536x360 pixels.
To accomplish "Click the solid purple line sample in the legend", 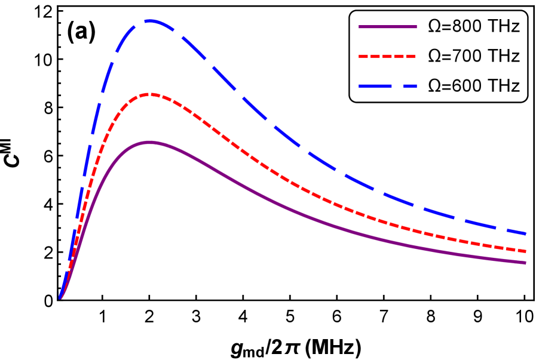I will click(x=387, y=27).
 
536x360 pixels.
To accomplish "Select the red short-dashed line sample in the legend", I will click(x=387, y=56).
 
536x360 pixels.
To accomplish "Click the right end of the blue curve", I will click(x=525, y=233).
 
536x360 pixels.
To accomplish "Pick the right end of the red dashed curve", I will click(x=525, y=251).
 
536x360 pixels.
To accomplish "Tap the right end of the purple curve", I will click(x=525, y=262).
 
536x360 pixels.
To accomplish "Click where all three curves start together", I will click(x=60, y=297).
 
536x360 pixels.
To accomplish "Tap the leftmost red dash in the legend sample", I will click(x=363, y=56).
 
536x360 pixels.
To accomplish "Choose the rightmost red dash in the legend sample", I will click(x=411, y=56).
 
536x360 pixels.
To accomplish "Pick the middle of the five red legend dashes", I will click(x=387, y=56).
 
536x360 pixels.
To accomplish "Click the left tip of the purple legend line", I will click(x=359, y=27).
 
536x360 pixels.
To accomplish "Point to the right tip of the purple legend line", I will click(x=416, y=27).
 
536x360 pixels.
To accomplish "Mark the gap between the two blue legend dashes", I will click(x=397, y=86).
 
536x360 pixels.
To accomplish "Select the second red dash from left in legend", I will click(x=375, y=56).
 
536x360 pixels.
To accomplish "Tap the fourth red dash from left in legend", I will click(x=399, y=56).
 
